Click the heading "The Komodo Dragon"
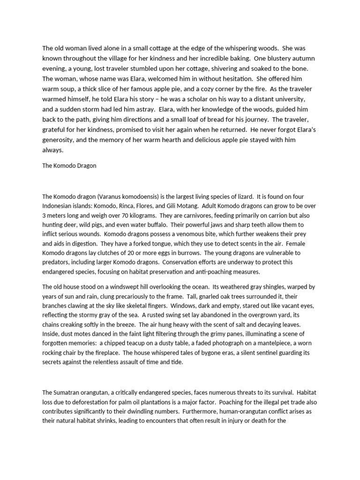click(69, 165)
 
